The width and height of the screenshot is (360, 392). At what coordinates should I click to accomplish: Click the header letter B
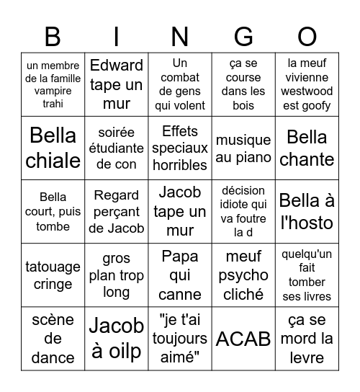pyautogui.click(x=53, y=35)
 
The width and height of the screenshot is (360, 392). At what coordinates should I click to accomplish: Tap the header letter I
pyautogui.click(x=116, y=35)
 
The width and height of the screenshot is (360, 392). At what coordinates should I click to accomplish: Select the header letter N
pyautogui.click(x=180, y=35)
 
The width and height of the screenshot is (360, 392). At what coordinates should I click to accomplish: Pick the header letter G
pyautogui.click(x=243, y=35)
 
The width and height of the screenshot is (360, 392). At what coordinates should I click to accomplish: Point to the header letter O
pyautogui.click(x=307, y=35)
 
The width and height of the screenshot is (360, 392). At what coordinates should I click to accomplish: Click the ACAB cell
pyautogui.click(x=243, y=339)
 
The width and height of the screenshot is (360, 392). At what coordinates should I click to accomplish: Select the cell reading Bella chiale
pyautogui.click(x=53, y=148)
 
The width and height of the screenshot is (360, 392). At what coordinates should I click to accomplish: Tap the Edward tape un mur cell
pyautogui.click(x=116, y=84)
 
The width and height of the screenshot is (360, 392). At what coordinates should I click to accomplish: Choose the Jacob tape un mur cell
pyautogui.click(x=180, y=211)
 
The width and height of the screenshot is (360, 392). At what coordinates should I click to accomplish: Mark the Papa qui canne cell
pyautogui.click(x=180, y=275)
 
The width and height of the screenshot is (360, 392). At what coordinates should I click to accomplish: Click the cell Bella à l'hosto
pyautogui.click(x=307, y=211)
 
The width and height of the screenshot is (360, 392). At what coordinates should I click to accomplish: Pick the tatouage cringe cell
pyautogui.click(x=53, y=275)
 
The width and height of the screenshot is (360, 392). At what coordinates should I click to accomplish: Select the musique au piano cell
pyautogui.click(x=243, y=148)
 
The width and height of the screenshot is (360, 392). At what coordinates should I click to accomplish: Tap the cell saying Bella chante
pyautogui.click(x=307, y=148)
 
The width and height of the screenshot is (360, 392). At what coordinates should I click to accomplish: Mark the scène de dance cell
pyautogui.click(x=53, y=339)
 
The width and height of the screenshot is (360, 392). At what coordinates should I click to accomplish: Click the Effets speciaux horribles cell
pyautogui.click(x=180, y=148)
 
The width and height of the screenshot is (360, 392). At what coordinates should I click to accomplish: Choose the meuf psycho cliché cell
pyautogui.click(x=243, y=275)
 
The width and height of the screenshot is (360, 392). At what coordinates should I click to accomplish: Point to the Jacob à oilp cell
pyautogui.click(x=116, y=339)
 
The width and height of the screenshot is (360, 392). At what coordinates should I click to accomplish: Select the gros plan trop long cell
pyautogui.click(x=116, y=275)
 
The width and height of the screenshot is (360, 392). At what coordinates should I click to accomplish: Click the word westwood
pyautogui.click(x=307, y=92)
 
